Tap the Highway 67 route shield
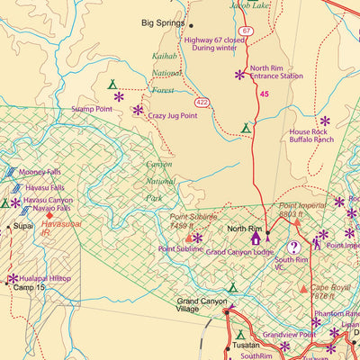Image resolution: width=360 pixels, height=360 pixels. click(x=246, y=31)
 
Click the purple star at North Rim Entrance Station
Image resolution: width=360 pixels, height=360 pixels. click(x=239, y=75)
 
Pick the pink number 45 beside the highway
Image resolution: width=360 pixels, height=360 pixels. click(x=264, y=93)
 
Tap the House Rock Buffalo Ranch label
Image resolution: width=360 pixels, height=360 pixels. click(x=311, y=136)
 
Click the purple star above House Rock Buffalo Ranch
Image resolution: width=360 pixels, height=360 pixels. click(x=325, y=120)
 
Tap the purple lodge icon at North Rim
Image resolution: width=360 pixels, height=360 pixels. click(x=256, y=238)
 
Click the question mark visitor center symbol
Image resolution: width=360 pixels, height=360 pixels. click(x=292, y=247)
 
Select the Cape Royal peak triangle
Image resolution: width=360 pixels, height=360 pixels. click(x=303, y=288)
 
